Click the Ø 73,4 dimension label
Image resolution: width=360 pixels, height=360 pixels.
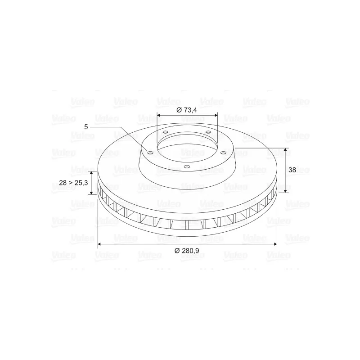tap(187, 110)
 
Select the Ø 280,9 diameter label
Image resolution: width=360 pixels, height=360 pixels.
tap(187, 251)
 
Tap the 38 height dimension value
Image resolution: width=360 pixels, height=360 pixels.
tap(292, 170)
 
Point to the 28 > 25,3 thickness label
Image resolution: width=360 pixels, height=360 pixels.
tap(73, 183)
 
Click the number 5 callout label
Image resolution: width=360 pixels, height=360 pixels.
tap(86, 127)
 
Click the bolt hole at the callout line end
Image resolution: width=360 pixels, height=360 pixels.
tap(150, 153)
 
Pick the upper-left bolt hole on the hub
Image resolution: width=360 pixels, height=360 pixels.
tap(165, 132)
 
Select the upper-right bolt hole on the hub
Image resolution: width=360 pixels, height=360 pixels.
tap(208, 132)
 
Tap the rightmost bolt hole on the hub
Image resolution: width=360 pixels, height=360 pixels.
tap(223, 153)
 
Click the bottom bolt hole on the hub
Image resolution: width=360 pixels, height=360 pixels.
tap(187, 166)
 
